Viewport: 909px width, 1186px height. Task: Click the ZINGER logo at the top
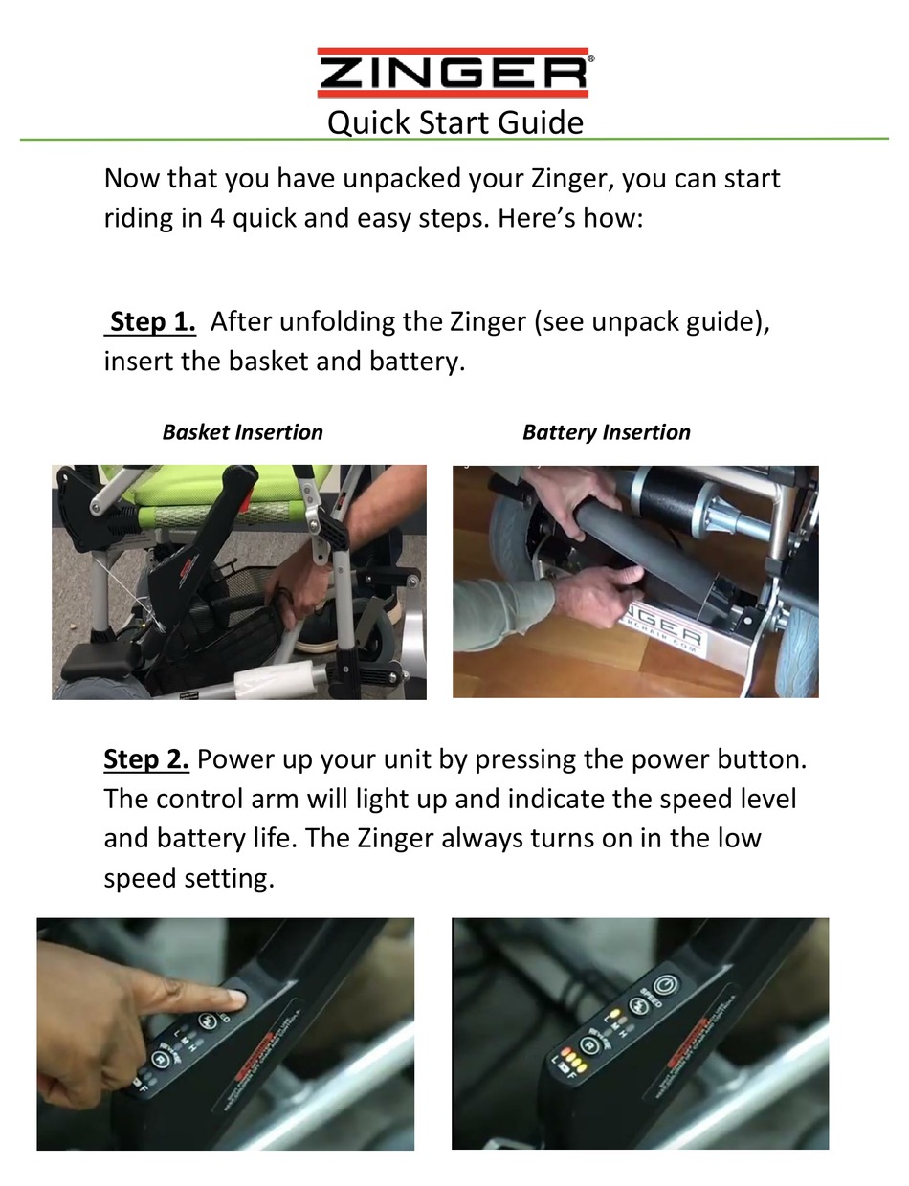click(x=454, y=74)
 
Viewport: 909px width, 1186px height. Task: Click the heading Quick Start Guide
click(x=454, y=123)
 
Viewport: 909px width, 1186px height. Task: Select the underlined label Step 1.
click(x=152, y=321)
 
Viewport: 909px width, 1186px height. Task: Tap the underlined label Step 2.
click(x=146, y=759)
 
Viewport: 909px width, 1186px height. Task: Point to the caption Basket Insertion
click(x=242, y=432)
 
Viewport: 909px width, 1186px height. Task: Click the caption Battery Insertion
click(x=606, y=432)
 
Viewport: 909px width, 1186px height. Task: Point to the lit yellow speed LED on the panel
click(x=613, y=1014)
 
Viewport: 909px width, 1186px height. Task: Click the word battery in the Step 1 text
click(x=416, y=363)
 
